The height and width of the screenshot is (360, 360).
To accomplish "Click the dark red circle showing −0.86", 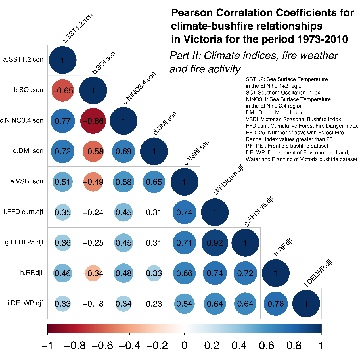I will click(93, 121).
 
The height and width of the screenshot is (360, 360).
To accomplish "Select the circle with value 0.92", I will click(215, 243).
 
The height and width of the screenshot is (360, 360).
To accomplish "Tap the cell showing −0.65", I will click(63, 91).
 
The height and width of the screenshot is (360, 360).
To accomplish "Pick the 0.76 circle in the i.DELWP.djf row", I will click(276, 304).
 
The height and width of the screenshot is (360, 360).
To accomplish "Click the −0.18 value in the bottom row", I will click(93, 304).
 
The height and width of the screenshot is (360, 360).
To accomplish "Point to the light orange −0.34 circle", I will click(93, 273).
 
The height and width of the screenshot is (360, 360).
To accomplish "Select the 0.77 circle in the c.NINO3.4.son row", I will click(63, 121).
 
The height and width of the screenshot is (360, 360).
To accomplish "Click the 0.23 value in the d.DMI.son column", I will click(154, 304).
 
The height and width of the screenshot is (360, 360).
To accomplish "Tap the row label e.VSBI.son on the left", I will click(27, 181).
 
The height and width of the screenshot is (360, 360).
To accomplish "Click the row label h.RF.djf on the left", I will click(31, 273).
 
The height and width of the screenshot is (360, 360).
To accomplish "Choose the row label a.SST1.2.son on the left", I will click(23, 60).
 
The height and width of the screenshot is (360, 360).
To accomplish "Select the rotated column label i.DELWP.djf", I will click(318, 273).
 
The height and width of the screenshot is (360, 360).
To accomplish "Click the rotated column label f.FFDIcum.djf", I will click(229, 181).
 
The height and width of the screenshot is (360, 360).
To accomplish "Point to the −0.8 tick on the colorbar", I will click(75, 346).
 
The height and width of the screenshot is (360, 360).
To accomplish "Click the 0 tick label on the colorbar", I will click(185, 346).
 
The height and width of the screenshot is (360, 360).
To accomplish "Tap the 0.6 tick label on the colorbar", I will click(267, 346).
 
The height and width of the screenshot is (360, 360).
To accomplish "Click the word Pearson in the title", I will click(192, 13).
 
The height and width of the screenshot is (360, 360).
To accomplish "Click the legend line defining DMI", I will click(274, 113).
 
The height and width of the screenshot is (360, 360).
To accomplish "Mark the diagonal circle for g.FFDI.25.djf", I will click(245, 243).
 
